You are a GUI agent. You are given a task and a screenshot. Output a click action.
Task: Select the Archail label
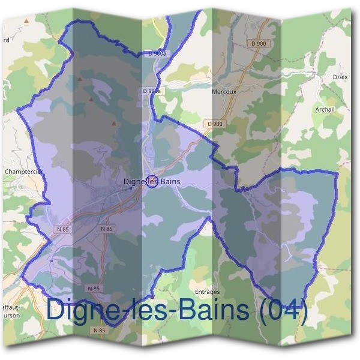325,109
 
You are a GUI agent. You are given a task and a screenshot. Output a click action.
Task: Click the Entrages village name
208,292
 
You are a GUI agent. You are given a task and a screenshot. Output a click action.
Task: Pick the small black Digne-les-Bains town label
151,182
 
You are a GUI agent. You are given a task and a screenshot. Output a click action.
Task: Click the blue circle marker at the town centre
152,182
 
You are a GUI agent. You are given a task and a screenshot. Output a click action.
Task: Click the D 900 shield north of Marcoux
259,44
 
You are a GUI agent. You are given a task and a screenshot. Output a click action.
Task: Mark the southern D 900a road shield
152,91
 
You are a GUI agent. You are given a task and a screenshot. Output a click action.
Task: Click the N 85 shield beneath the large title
99,330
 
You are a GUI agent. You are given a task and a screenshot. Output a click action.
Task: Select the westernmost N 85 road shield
63,229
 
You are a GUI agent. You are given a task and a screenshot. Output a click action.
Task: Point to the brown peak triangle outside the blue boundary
26,20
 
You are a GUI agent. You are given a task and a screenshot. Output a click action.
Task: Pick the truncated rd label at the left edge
5,41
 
